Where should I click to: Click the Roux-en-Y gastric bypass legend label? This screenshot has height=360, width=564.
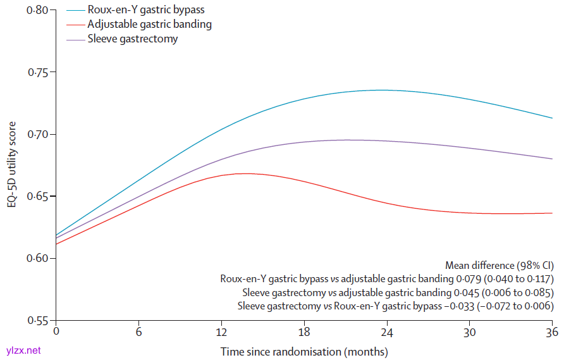(x=146, y=10)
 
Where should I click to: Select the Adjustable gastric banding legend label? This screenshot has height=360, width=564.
(x=150, y=25)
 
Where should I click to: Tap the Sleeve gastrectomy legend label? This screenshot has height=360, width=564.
(x=133, y=39)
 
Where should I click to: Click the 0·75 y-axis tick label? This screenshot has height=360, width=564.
(x=39, y=72)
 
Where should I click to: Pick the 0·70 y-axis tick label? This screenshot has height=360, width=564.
(x=39, y=134)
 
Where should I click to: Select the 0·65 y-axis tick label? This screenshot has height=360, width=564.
(x=39, y=196)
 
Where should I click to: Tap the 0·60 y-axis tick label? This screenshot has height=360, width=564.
(x=39, y=258)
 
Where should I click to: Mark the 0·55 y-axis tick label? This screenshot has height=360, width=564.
(x=39, y=320)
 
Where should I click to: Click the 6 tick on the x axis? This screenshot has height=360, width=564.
(x=138, y=332)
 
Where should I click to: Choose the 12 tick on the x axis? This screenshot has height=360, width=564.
(x=221, y=332)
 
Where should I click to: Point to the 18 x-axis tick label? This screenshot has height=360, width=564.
(x=304, y=332)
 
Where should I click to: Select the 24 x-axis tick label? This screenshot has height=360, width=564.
(x=387, y=332)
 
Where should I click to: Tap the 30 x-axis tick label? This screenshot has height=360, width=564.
(x=470, y=332)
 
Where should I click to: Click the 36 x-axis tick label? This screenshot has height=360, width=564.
(x=551, y=332)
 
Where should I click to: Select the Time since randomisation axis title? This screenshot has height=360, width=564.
(x=304, y=351)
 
